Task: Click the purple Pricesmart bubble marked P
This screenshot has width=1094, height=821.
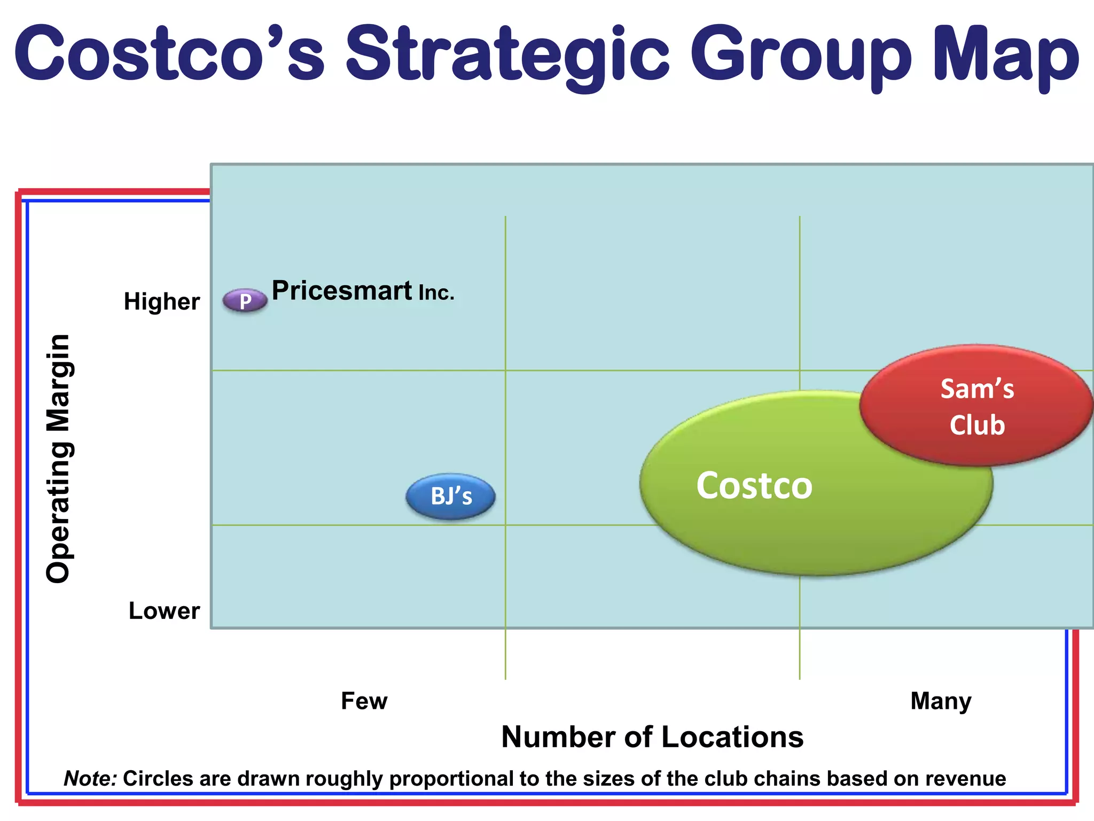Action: click(245, 300)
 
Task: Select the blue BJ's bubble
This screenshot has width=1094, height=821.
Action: click(451, 497)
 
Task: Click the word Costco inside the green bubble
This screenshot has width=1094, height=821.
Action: click(754, 486)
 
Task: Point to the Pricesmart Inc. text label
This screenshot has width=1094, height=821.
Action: click(362, 291)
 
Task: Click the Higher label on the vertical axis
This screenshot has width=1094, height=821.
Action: click(162, 302)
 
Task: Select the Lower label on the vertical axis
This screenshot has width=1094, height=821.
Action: click(164, 611)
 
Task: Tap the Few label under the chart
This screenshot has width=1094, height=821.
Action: click(364, 701)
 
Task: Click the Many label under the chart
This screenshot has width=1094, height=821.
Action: click(941, 701)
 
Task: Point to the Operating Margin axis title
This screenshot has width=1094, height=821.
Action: click(59, 458)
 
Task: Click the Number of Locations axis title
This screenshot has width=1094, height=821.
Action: click(652, 737)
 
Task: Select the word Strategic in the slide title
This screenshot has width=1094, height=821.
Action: click(507, 56)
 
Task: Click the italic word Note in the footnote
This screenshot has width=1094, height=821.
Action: click(90, 779)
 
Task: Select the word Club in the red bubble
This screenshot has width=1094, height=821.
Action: click(977, 425)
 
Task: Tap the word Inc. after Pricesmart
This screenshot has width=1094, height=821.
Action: click(436, 293)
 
